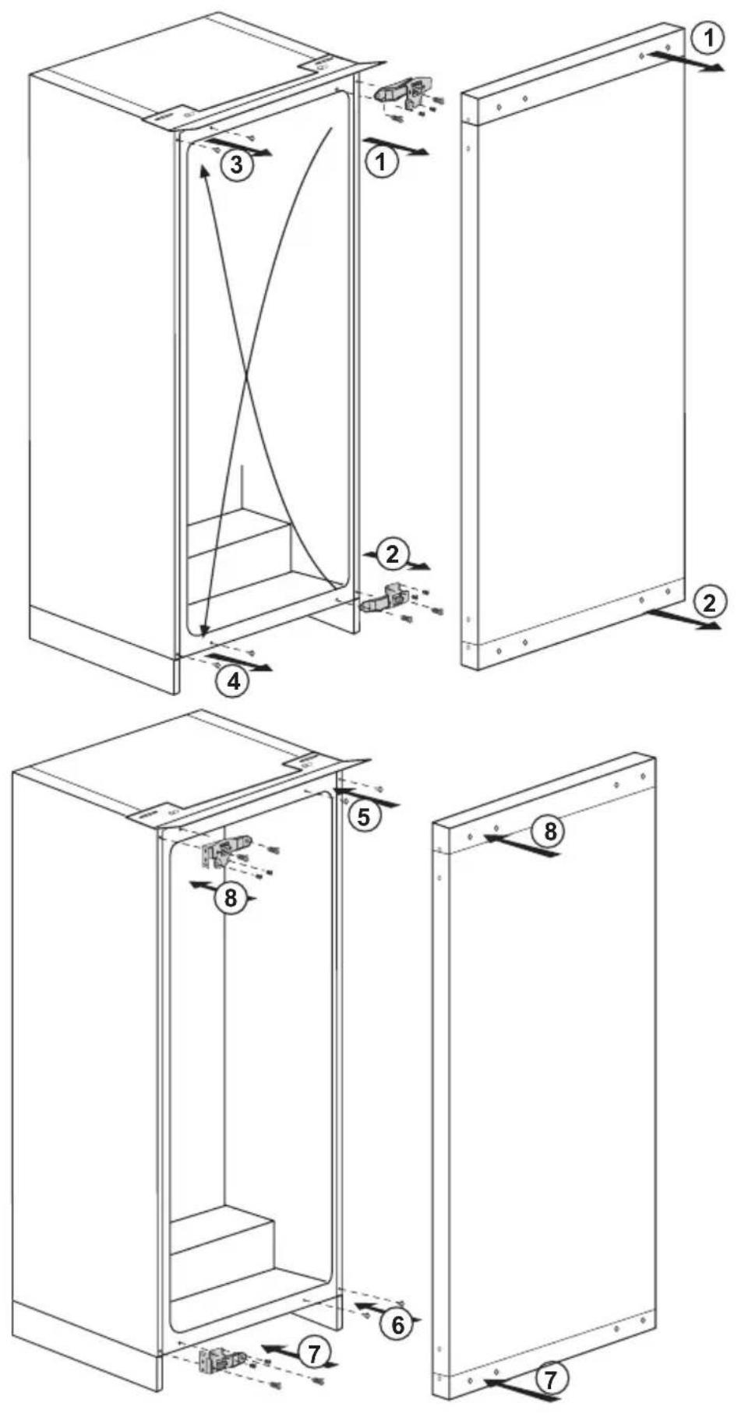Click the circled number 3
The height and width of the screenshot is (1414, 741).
[x=235, y=165]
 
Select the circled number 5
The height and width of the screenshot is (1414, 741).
[x=364, y=815]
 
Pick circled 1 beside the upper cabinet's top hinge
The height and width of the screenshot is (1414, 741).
[x=381, y=161]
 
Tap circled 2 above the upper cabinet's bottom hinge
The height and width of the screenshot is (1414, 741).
[x=392, y=554]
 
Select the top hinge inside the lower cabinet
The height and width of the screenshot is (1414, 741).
[x=226, y=851]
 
